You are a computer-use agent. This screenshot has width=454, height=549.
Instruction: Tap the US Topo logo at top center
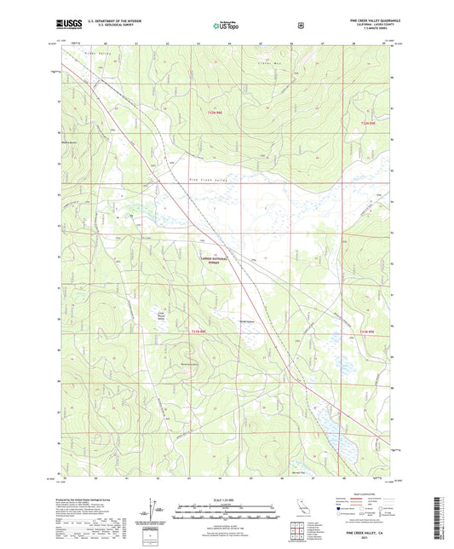coord(227,26)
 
